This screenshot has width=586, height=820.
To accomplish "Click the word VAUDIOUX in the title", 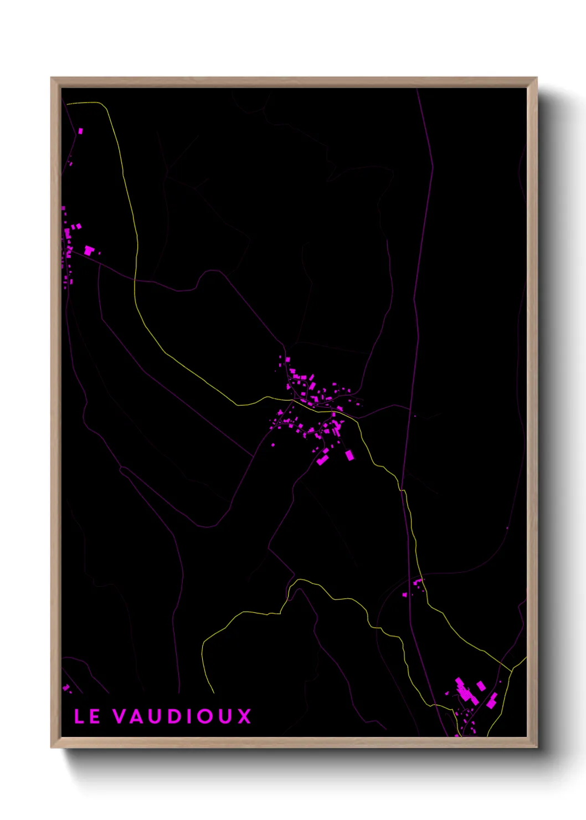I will click(182, 716).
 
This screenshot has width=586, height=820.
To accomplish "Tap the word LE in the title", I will click(87, 716).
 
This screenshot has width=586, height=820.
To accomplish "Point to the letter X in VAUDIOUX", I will click(244, 716).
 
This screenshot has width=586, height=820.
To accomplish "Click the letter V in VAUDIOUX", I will click(120, 716).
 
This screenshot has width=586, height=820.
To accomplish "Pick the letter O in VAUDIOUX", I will click(206, 716).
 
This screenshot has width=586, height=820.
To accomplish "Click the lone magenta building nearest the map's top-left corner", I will click(80, 131).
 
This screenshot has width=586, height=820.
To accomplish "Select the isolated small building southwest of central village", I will click(273, 444).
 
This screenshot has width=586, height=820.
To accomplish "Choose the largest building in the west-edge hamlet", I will click(89, 250).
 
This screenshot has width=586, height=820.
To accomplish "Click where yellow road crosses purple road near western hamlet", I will click(135, 280).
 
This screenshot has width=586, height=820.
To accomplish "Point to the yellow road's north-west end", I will click(68, 103).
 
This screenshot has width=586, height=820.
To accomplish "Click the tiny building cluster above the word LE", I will click(66, 688).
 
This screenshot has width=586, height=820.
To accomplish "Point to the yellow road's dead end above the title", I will click(213, 692).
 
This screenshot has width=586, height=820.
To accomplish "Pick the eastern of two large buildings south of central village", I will click(349, 455).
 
